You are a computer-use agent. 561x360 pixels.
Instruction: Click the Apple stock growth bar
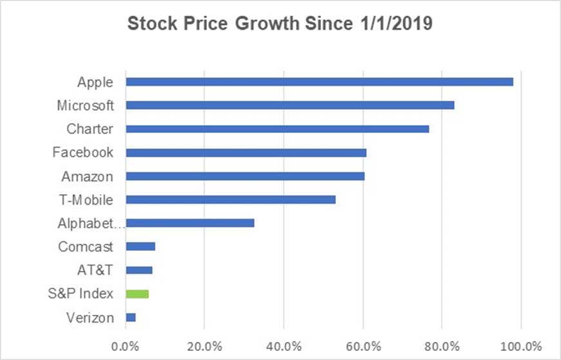pyautogui.click(x=319, y=82)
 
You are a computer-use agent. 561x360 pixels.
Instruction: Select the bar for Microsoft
pyautogui.click(x=290, y=105)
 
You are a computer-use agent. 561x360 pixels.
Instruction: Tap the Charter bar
pyautogui.click(x=277, y=129)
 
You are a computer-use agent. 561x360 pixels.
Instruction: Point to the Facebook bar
pyautogui.click(x=246, y=153)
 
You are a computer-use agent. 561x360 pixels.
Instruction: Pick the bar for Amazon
pyautogui.click(x=245, y=176)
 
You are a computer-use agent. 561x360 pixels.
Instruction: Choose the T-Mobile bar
pyautogui.click(x=230, y=200)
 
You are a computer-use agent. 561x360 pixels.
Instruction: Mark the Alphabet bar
pyautogui.click(x=190, y=223)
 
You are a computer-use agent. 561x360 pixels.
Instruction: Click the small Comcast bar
pyautogui.click(x=141, y=246)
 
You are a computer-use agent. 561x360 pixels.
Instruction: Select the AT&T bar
pyautogui.click(x=139, y=270)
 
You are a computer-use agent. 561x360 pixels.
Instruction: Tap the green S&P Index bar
pyautogui.click(x=137, y=294)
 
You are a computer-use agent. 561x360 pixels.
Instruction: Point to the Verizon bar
pyautogui.click(x=131, y=317)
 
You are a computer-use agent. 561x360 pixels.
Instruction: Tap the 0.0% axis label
pyautogui.click(x=126, y=343)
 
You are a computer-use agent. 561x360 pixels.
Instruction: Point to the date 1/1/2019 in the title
pyautogui.click(x=391, y=25)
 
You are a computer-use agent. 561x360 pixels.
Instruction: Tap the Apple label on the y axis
pyautogui.click(x=95, y=82)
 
